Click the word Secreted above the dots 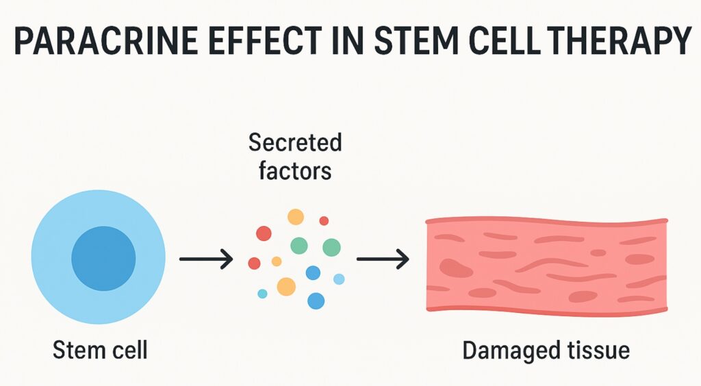[295, 143]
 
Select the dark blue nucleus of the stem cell [103, 258]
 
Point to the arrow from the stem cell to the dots [205, 259]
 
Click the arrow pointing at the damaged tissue [383, 259]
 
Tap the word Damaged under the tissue [502, 351]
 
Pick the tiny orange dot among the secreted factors [277, 261]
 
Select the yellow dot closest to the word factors [295, 217]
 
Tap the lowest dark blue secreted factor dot [316, 300]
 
